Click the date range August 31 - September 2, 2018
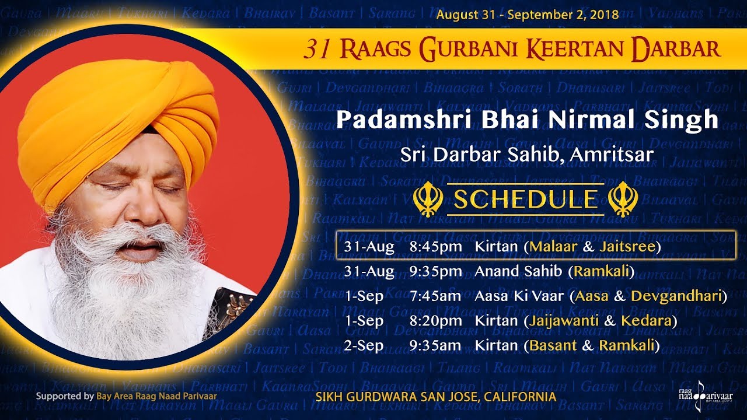527,15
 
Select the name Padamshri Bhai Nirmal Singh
526,120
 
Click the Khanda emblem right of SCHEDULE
622,199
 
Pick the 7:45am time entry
435,296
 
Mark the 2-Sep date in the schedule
364,345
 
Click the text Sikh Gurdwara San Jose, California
435,397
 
